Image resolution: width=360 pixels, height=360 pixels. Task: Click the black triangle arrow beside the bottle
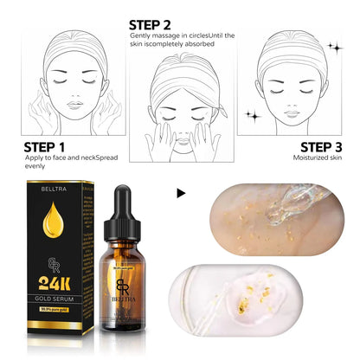click(180, 193)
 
